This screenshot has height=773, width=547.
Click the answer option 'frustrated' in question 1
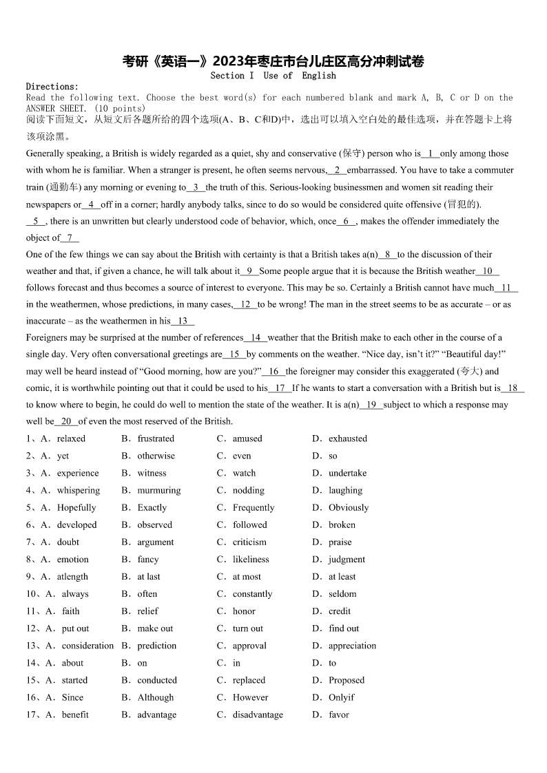tap(156, 438)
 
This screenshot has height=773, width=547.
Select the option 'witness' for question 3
tap(152, 473)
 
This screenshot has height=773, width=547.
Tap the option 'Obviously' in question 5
tap(349, 507)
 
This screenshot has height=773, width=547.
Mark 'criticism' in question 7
tap(249, 542)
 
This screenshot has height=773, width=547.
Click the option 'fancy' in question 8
tap(148, 559)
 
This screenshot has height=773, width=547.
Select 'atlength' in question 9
tap(72, 576)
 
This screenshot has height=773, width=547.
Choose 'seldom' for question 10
tap(342, 593)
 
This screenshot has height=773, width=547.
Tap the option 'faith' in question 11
tap(71, 611)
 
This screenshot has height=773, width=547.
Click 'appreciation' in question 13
tap(352, 645)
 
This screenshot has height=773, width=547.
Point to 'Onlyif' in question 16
tap(342, 697)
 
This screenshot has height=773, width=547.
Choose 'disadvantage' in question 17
tap(258, 714)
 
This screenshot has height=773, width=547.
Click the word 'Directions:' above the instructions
tap(52, 87)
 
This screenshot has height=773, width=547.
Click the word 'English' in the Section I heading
tap(319, 76)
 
